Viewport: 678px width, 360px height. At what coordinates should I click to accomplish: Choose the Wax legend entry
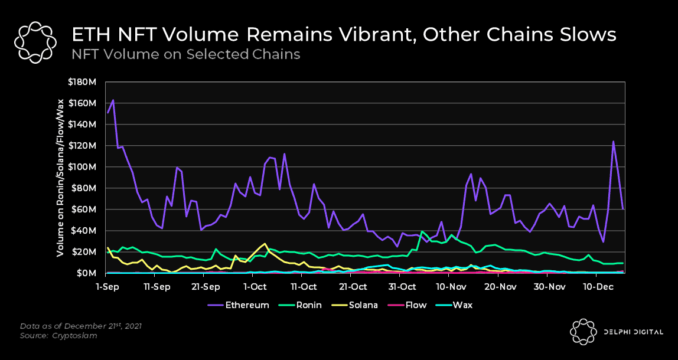click(x=457, y=305)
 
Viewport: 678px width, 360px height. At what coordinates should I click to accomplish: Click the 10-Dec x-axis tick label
click(x=598, y=287)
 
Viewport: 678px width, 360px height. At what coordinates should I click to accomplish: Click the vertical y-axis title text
click(x=60, y=178)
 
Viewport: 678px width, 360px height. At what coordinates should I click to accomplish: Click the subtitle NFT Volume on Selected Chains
click(x=186, y=54)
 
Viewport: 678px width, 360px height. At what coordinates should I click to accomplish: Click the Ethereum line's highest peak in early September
click(x=113, y=100)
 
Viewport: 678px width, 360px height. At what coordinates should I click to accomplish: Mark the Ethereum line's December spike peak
click(x=613, y=142)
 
